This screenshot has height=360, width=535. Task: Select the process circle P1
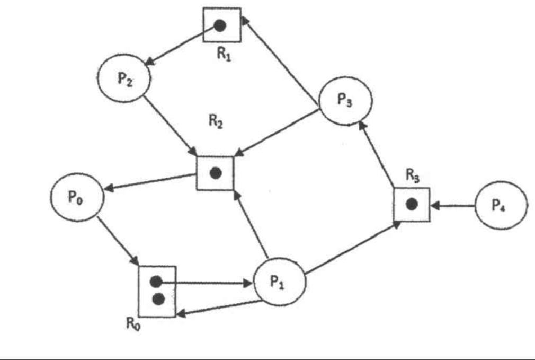(x=280, y=282)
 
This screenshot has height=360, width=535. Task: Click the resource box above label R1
(x=222, y=25)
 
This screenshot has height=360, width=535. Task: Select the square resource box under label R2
(x=215, y=173)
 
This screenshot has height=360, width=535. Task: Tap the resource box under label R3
(x=412, y=204)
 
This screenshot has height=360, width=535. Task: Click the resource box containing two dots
(x=157, y=291)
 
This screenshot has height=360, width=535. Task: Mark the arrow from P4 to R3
(x=453, y=205)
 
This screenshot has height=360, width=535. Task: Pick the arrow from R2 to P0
(x=150, y=182)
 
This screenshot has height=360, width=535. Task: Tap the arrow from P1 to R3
(x=352, y=248)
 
